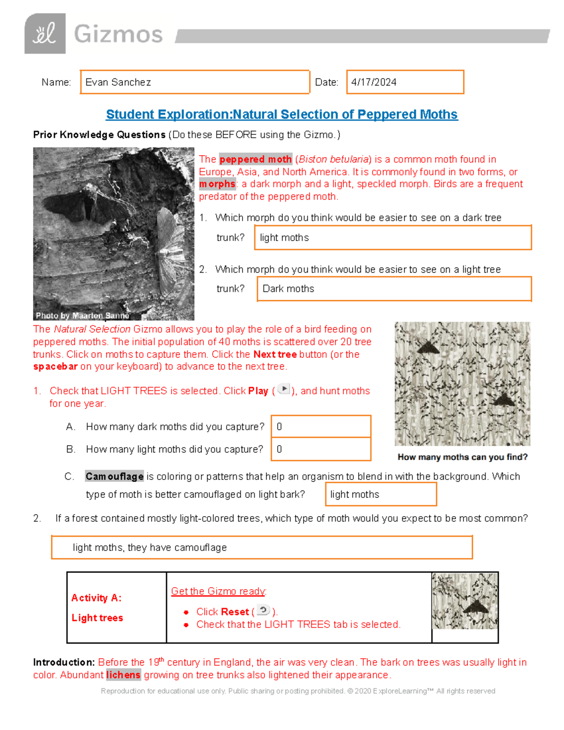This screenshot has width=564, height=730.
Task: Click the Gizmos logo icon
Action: click(x=45, y=33)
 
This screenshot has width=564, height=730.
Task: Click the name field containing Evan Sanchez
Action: click(x=195, y=82)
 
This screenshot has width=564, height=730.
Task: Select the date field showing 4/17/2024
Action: click(x=405, y=82)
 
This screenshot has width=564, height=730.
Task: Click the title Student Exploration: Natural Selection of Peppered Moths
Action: click(x=282, y=115)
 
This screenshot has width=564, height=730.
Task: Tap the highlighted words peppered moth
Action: click(x=255, y=159)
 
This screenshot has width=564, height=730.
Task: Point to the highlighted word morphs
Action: click(x=217, y=184)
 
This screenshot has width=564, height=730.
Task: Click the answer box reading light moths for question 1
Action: click(x=392, y=237)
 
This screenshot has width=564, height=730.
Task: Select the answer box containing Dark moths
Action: click(x=394, y=289)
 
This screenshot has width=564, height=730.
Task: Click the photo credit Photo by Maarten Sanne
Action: click(x=82, y=315)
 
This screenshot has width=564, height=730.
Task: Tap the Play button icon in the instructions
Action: click(x=284, y=389)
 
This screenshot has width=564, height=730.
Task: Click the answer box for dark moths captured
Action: click(x=321, y=426)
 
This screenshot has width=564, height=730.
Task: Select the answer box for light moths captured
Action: click(x=321, y=449)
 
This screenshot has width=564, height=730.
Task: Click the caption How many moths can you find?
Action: click(x=462, y=457)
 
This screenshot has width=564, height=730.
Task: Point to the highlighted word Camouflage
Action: click(x=114, y=477)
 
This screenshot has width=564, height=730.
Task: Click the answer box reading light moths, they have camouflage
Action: click(x=261, y=547)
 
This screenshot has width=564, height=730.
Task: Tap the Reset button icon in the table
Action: click(x=263, y=611)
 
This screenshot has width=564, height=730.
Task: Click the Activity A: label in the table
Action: click(x=96, y=598)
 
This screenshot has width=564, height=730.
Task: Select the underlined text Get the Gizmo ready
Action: click(x=219, y=591)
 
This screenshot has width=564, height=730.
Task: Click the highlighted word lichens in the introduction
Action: click(x=123, y=675)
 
